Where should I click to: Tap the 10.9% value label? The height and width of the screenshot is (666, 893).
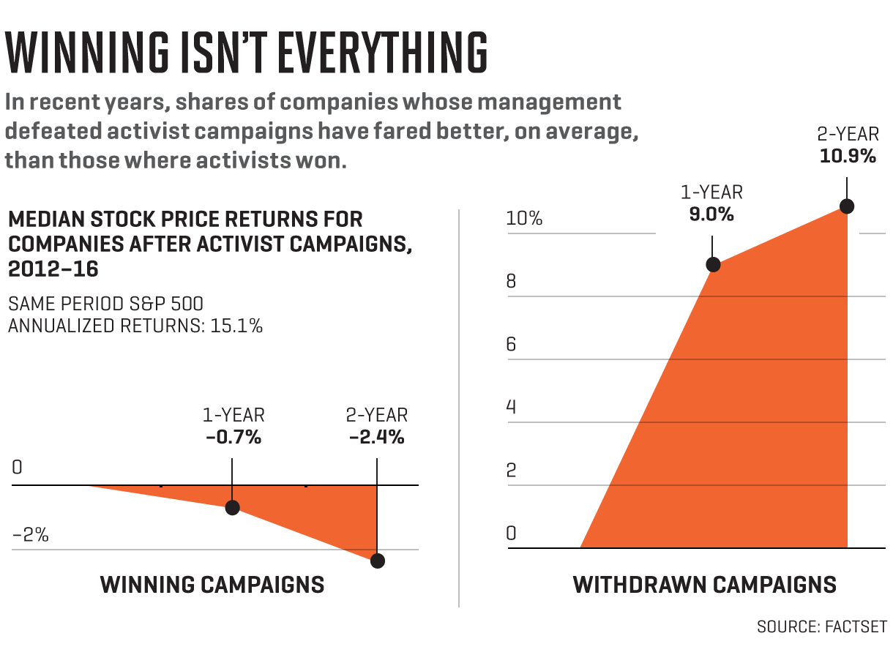[x=846, y=156]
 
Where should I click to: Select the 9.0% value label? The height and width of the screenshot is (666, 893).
[x=711, y=215]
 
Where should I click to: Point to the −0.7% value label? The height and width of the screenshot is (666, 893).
[x=233, y=438]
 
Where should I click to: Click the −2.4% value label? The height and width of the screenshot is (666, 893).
[x=376, y=438]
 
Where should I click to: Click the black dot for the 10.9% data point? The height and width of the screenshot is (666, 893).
[x=847, y=206]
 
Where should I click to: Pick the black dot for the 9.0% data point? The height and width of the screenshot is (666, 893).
[x=713, y=265]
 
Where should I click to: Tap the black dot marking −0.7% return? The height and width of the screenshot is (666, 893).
[x=233, y=507]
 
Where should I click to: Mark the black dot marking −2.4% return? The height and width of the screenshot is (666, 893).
[x=377, y=561]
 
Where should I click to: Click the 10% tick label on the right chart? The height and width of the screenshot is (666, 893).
[x=524, y=218]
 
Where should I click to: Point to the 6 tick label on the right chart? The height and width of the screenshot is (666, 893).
[x=512, y=344]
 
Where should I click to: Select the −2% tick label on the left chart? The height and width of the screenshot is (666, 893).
[x=30, y=535]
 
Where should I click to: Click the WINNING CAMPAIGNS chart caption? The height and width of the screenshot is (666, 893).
[x=212, y=585]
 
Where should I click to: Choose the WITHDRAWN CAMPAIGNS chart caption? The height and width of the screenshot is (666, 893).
[x=704, y=585]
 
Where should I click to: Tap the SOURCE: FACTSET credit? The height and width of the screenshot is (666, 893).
[x=821, y=627]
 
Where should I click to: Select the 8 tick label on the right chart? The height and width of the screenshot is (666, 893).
[x=512, y=281]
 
